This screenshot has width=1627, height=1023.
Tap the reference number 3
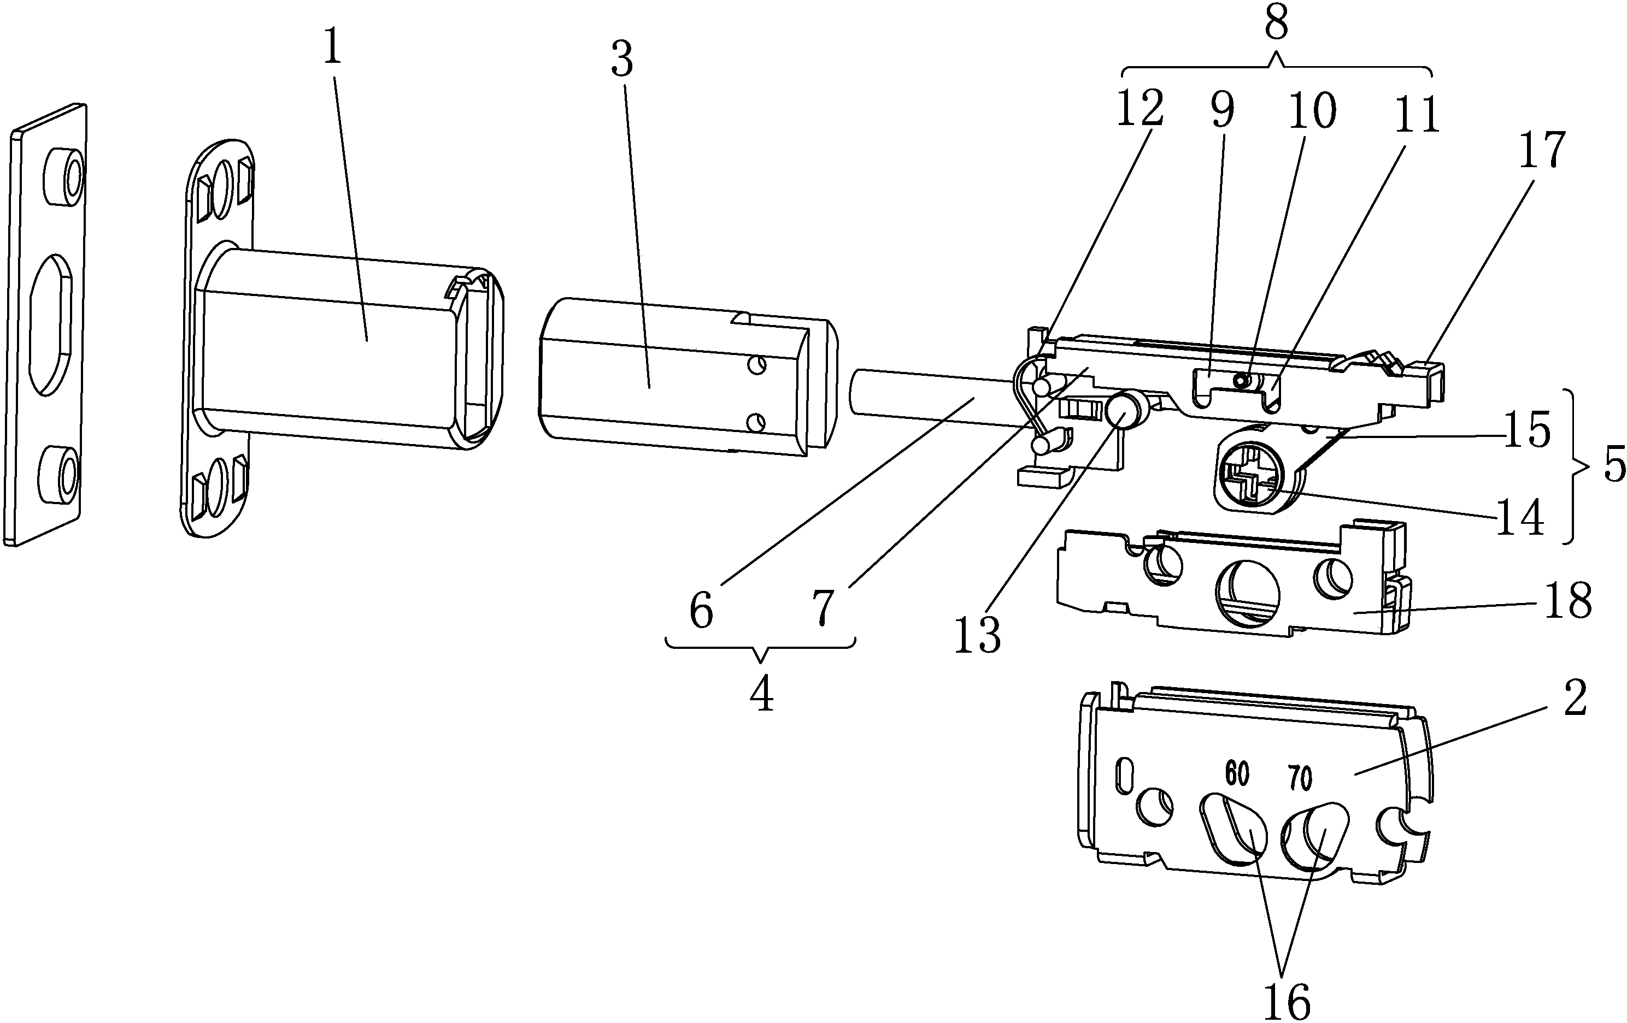621,60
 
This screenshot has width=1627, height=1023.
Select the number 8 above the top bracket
1276,23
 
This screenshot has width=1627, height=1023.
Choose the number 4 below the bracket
761,694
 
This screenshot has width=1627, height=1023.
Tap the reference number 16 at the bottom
1287,1001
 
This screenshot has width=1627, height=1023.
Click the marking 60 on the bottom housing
1237,774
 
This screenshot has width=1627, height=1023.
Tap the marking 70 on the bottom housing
1300,778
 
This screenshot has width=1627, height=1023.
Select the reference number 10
1312,110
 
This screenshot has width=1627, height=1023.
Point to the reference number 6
701,611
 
